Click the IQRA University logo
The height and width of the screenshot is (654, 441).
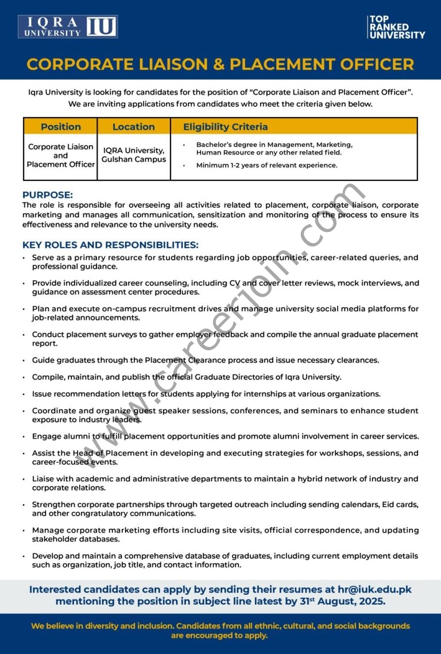pos(68,27)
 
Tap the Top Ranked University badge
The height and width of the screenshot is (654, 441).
pos(396,27)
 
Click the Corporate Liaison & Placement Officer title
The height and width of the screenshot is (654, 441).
pos(220,64)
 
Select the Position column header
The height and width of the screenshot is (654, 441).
pos(60,127)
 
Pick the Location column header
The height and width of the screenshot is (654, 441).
pos(133,127)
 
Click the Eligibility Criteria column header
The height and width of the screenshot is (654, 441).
pos(225,127)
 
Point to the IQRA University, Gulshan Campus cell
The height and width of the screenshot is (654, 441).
pos(133,155)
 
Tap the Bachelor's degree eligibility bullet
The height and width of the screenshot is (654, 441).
pos(274,149)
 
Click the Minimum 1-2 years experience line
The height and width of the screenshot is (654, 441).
pos(266,165)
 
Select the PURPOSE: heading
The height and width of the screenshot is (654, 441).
pos(48,195)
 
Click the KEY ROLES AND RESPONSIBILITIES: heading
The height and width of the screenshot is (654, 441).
pos(110,245)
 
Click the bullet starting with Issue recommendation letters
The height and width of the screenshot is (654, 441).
pos(206,394)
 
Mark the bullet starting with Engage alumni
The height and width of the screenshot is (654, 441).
pos(225,436)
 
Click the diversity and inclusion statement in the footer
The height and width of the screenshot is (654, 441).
pos(220,630)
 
